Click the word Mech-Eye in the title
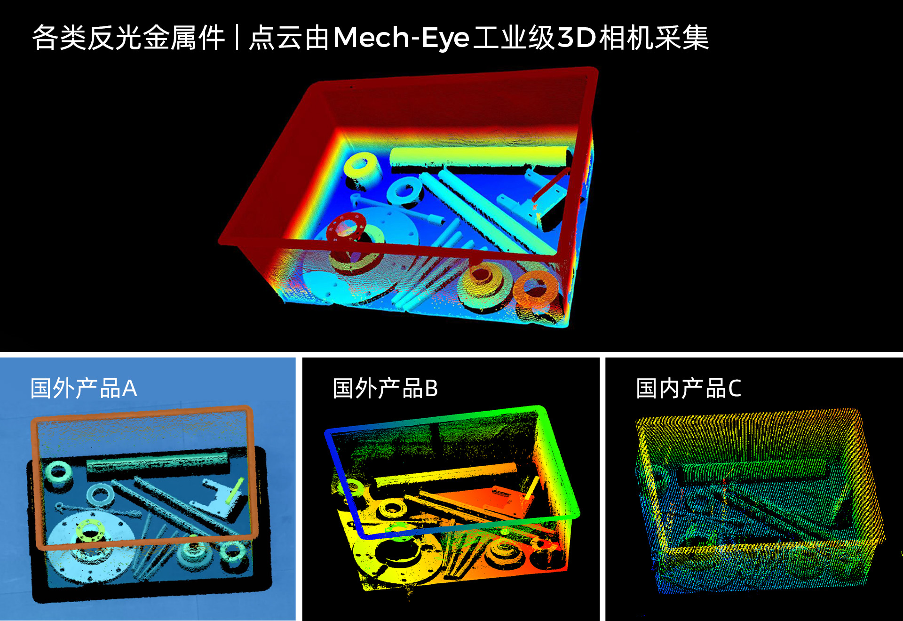point(401,38)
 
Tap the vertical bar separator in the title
point(238,38)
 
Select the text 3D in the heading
point(577,38)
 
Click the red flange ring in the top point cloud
point(347,227)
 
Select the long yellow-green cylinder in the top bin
point(480,157)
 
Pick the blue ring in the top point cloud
point(404,191)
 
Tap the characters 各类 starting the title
point(59,38)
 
